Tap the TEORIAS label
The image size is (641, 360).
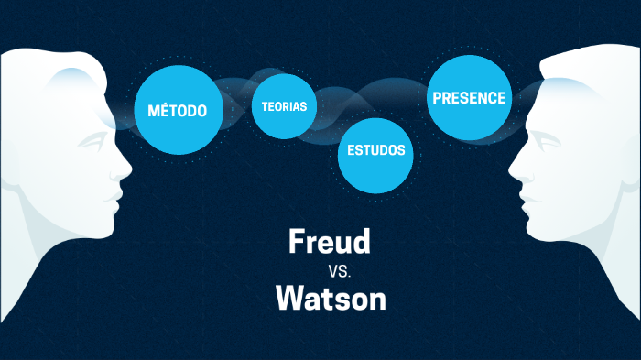click(284, 106)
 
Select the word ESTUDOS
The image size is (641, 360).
click(376, 150)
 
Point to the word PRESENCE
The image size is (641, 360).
click(469, 98)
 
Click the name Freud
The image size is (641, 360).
click(329, 242)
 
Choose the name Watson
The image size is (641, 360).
click(331, 298)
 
